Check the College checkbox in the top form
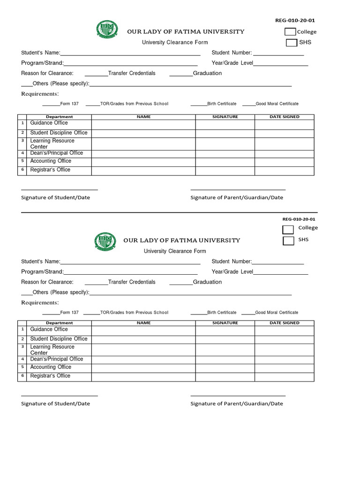click(x=290, y=32)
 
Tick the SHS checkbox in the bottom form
click(x=288, y=240)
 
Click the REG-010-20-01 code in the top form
click(x=295, y=20)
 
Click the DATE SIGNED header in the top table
click(x=284, y=117)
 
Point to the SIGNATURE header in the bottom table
click(x=225, y=323)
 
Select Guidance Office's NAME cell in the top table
click(x=143, y=124)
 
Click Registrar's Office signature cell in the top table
click(x=225, y=171)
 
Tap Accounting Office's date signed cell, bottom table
click(x=284, y=368)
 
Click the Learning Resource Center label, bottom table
click(x=52, y=350)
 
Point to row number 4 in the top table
click(x=22, y=153)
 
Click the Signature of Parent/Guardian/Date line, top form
click(x=238, y=189)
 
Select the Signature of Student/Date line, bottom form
click(x=60, y=396)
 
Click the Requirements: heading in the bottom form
click(x=40, y=303)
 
